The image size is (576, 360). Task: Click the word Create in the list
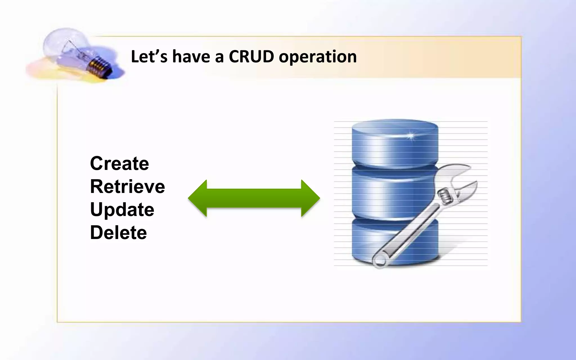(119, 163)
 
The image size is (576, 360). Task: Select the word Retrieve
(127, 186)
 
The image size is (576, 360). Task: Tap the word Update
(122, 210)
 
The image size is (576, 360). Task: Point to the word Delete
(118, 233)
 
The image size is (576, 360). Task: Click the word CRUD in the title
(251, 56)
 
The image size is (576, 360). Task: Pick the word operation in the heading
(318, 57)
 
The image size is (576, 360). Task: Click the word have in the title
(191, 56)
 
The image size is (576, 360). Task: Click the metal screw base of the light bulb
(98, 67)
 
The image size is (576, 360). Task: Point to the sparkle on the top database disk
(410, 136)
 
